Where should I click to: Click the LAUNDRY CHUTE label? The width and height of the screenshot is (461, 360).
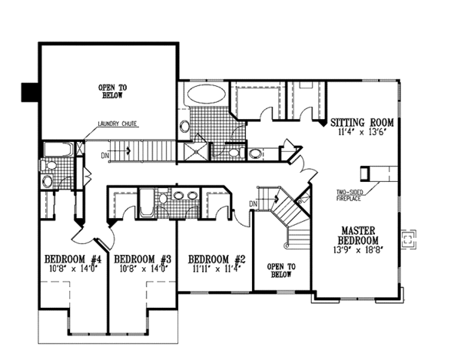coord(118,124)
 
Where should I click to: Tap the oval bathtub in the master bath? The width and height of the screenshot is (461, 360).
coord(205,95)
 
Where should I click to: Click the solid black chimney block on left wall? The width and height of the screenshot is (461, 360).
coord(29,92)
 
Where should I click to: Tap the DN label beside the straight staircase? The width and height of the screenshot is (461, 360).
coord(104,155)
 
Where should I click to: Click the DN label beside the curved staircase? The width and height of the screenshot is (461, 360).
coord(252,203)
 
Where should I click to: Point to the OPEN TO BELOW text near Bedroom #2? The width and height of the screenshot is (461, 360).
coord(280,271)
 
